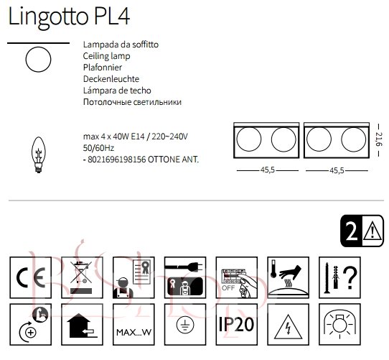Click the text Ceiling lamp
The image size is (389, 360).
coord(106,56)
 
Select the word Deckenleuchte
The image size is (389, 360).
coord(111,79)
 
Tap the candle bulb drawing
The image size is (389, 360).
coord(39,154)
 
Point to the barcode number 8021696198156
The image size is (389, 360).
coord(117,160)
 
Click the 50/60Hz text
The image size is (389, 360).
coord(98,148)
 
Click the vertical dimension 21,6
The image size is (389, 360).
coord(379,140)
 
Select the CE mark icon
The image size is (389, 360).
coord(31,277)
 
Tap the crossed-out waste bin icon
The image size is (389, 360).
coord(82,277)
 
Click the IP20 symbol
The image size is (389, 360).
coord(237,324)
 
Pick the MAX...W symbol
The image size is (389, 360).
coord(133,324)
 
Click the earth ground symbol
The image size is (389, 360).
coord(185,324)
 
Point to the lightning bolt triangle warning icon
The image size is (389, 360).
coord(289,324)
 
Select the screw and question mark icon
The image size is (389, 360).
coord(339,277)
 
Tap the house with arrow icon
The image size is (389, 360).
coord(82,324)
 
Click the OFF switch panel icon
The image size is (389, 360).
coord(237,277)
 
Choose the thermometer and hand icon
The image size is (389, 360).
coord(289,277)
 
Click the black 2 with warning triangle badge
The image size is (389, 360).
coord(362,231)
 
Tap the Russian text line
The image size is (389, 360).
coord(132,102)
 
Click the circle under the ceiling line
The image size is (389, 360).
coord(39,47)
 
